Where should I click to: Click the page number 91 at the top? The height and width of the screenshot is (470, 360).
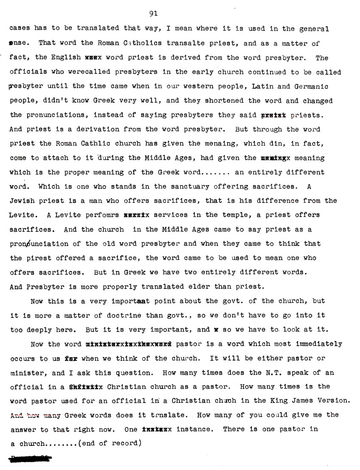pos(154,14)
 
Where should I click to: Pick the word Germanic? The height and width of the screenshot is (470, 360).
pos(311,86)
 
